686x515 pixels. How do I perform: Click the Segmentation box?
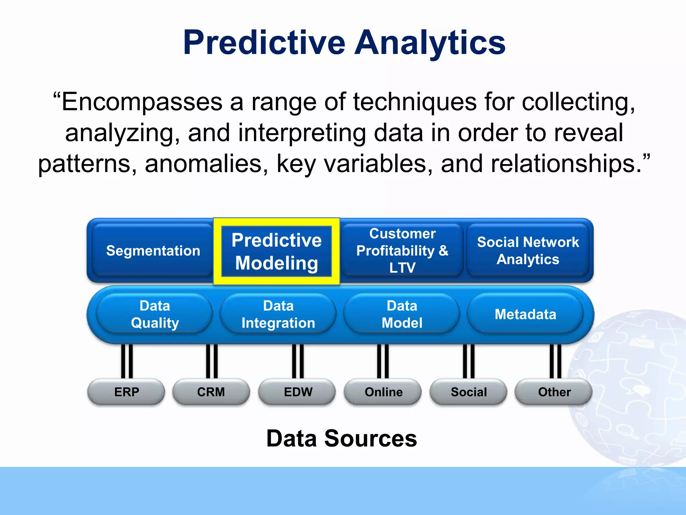pos(153,250)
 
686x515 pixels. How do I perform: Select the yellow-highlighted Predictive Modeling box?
pos(277,251)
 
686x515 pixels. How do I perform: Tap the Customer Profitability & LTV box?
pos(402,250)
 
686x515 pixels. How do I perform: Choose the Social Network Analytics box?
pos(528,250)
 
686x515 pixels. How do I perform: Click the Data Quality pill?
pos(154,314)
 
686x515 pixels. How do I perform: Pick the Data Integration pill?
pos(278,314)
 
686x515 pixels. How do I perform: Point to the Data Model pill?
pos(402,314)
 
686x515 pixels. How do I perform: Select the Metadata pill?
pos(525,314)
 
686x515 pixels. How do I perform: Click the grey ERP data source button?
pos(126,392)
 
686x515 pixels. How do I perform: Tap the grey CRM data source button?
pos(211,392)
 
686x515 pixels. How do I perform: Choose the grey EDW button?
pos(297,392)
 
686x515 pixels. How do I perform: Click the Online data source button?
pos(383,392)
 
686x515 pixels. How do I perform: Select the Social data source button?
pos(469,392)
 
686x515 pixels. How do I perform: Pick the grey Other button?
pos(554,392)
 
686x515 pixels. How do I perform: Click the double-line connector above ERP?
pos(127,361)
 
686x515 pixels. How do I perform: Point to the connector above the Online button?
pos(383,361)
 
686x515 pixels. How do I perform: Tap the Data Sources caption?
pos(341,438)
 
